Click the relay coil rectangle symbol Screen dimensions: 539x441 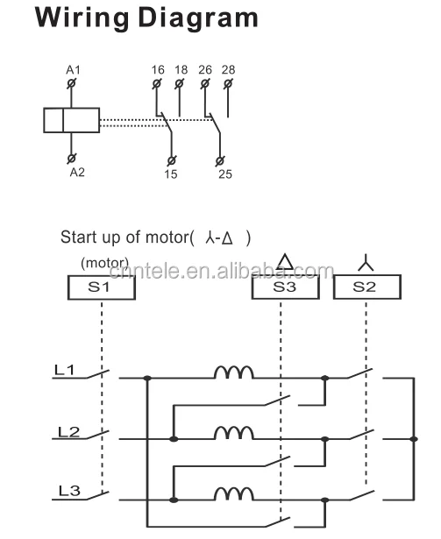click(x=72, y=120)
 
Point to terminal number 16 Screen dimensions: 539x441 click(x=157, y=68)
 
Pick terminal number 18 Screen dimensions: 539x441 click(x=181, y=68)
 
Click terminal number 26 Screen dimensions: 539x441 click(x=204, y=68)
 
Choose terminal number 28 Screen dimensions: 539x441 click(x=228, y=68)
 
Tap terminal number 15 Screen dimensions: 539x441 click(x=169, y=174)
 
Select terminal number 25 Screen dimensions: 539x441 click(x=225, y=174)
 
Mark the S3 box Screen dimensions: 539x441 click(x=284, y=286)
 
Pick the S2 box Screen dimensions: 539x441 click(x=366, y=286)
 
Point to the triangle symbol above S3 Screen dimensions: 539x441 click(x=285, y=262)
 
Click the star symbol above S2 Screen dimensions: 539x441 click(x=366, y=261)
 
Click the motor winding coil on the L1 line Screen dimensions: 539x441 click(x=234, y=373)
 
